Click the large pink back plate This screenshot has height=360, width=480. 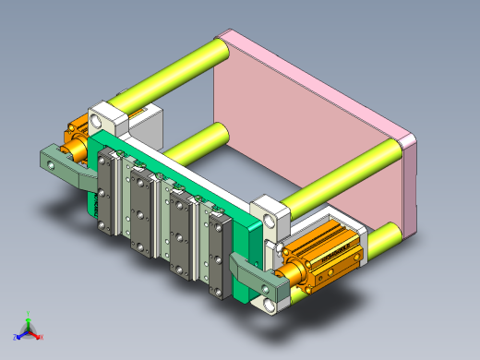(305, 129)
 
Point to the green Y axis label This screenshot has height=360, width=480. (30, 314)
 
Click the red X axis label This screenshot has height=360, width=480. (42, 337)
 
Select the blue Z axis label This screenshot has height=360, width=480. (16, 338)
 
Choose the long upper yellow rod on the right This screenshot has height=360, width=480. (346, 175)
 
